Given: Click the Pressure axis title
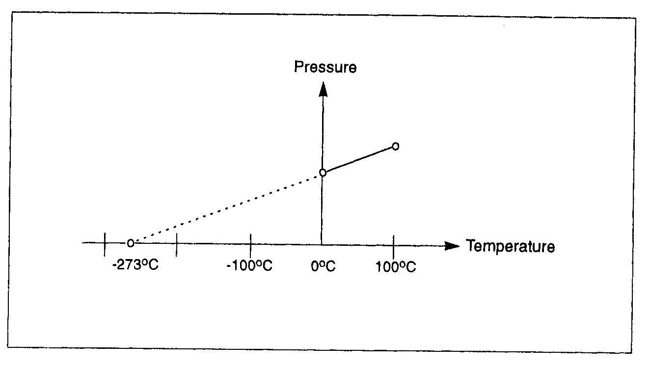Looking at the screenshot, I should [325, 67].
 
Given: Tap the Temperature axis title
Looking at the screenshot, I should [510, 245].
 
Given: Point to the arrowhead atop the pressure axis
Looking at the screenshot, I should [323, 89].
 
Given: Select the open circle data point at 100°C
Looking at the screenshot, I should [395, 146].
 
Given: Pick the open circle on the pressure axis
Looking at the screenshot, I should [323, 172].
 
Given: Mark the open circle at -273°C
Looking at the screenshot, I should [130, 243].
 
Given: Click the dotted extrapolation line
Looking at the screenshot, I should [226, 208].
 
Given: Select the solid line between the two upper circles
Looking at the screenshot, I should [359, 159].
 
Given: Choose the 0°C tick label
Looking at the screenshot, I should [324, 267].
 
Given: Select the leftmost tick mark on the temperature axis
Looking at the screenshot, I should [105, 243].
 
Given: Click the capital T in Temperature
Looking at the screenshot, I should [470, 245].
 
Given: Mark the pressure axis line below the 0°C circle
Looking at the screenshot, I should [322, 211].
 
